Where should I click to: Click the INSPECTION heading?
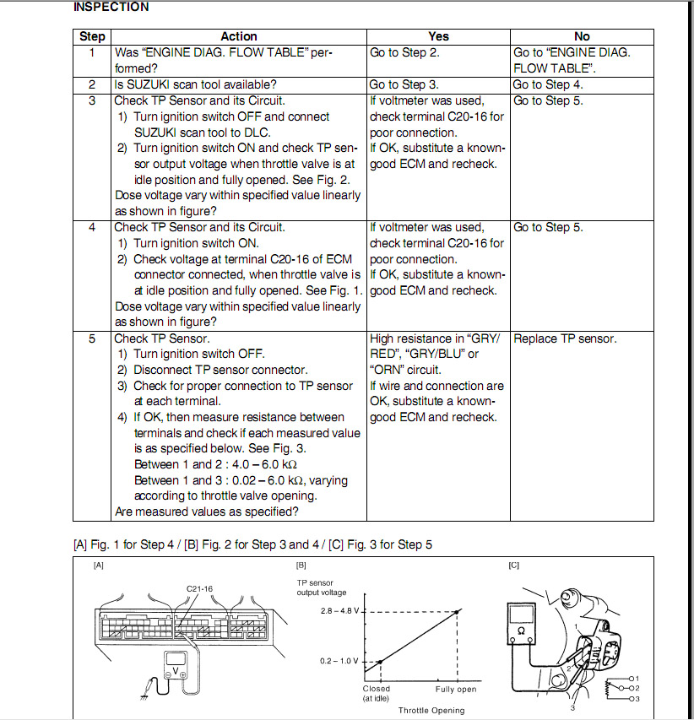tap(111, 8)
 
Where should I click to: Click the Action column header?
tap(239, 36)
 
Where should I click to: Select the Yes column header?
tap(438, 36)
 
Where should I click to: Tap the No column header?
tap(582, 36)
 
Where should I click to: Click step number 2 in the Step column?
tap(92, 84)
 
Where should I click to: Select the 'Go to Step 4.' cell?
tap(547, 84)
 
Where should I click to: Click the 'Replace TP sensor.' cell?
tap(565, 338)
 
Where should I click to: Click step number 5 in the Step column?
tap(92, 338)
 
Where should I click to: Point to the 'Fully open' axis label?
tap(456, 690)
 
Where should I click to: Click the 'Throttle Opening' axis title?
tap(431, 711)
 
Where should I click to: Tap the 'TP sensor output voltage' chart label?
tap(322, 587)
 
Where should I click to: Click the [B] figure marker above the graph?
tap(301, 566)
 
